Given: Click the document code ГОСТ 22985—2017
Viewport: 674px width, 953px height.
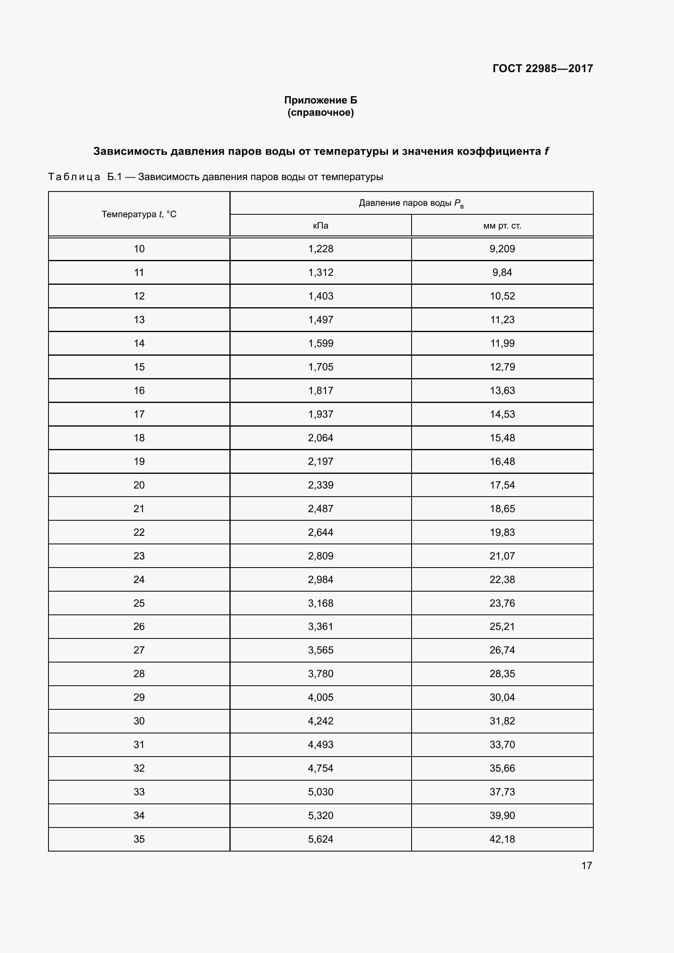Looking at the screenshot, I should [x=542, y=68].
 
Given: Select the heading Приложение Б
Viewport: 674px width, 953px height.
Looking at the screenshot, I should [x=320, y=100].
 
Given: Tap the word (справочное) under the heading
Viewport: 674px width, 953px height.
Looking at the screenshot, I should [x=320, y=112].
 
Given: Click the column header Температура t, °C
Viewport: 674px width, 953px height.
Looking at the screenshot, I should [x=139, y=214].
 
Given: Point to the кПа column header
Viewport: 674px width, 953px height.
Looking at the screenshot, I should [x=320, y=226].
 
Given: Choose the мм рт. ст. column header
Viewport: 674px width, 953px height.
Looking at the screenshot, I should [x=502, y=226].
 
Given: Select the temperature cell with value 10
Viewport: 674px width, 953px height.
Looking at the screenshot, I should [x=139, y=249].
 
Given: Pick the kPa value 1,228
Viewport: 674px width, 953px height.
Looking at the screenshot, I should [x=320, y=249].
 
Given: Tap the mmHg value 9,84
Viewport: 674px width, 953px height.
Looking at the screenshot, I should [x=502, y=273].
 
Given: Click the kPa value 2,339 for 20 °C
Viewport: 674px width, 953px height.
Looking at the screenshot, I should [x=320, y=485].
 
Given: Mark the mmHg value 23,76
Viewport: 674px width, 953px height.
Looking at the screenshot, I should [x=502, y=603].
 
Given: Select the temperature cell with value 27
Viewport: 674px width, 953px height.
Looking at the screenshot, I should [x=139, y=650].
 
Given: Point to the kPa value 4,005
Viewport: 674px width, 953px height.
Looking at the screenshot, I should [x=320, y=697].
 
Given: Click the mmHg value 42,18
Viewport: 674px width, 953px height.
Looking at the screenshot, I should [x=502, y=839].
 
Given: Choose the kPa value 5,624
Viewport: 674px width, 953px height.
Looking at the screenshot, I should [x=320, y=839].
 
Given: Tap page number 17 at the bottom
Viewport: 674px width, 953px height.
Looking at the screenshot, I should [x=586, y=865].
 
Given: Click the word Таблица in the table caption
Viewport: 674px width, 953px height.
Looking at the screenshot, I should [x=74, y=177].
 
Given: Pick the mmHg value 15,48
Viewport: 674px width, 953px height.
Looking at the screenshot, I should [x=502, y=438].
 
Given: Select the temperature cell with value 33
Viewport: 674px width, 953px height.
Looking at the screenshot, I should [x=139, y=792].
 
